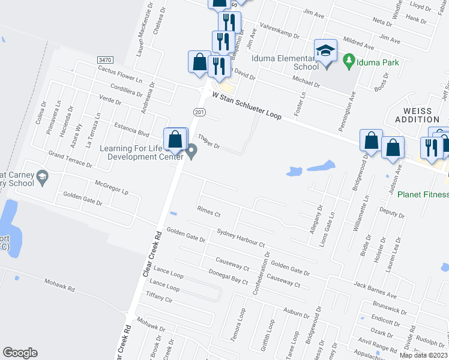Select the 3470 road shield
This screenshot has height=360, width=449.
pyautogui.click(x=105, y=60)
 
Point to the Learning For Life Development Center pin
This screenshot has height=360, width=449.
pyautogui.click(x=192, y=151)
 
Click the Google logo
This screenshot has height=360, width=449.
pyautogui.click(x=20, y=352)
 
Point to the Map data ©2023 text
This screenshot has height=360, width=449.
pyautogui.click(x=422, y=355)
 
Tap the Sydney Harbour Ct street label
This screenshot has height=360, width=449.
pyautogui.click(x=241, y=238)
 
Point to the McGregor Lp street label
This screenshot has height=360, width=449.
pyautogui.click(x=112, y=188)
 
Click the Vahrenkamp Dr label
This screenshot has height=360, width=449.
pyautogui.click(x=278, y=32)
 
